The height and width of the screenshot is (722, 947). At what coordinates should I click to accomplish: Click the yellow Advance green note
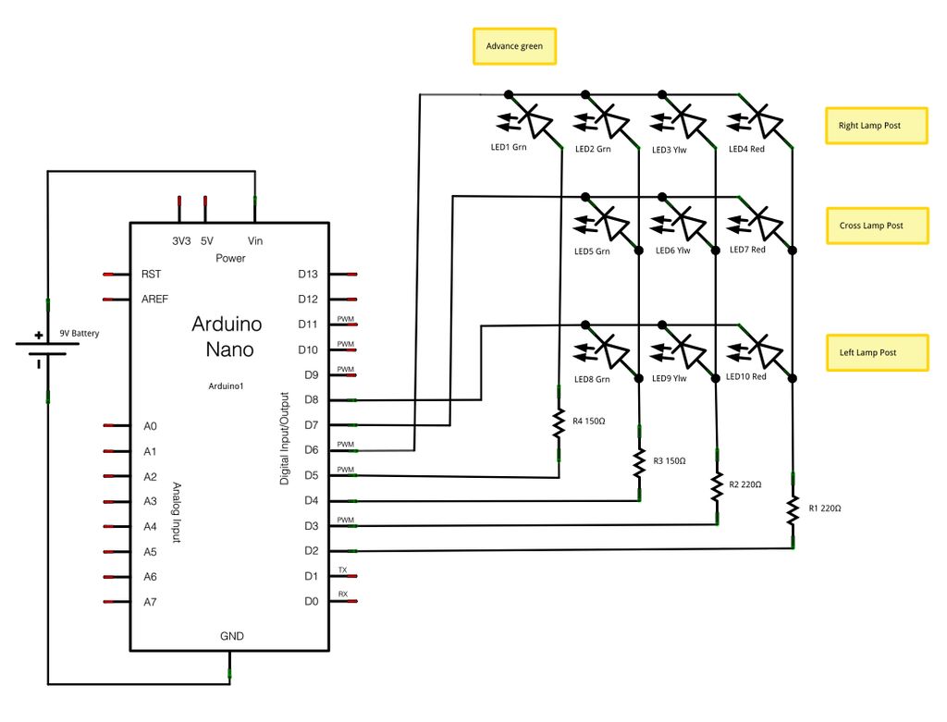pyautogui.click(x=514, y=45)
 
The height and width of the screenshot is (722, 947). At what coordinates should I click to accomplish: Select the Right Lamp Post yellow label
pyautogui.click(x=875, y=126)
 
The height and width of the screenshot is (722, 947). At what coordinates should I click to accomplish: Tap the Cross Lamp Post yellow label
pyautogui.click(x=876, y=226)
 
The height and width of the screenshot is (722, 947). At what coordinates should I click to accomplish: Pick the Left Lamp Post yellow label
pyautogui.click(x=875, y=352)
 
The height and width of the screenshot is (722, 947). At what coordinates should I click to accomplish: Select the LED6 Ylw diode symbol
pyautogui.click(x=683, y=223)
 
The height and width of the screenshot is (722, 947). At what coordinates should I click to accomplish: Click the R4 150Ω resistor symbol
pyautogui.click(x=559, y=423)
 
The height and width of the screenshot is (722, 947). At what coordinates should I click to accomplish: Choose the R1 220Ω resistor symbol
pyautogui.click(x=793, y=508)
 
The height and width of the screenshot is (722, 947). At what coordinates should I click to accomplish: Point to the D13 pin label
pyautogui.click(x=308, y=274)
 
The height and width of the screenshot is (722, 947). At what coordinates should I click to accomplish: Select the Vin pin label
pyautogui.click(x=255, y=240)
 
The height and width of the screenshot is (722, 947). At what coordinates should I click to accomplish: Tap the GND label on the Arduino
pyautogui.click(x=231, y=636)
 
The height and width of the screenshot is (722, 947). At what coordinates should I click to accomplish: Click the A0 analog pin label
pyautogui.click(x=150, y=426)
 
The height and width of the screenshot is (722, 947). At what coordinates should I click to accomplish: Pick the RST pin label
pyautogui.click(x=151, y=275)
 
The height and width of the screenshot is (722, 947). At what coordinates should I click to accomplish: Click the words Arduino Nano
pyautogui.click(x=227, y=337)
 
